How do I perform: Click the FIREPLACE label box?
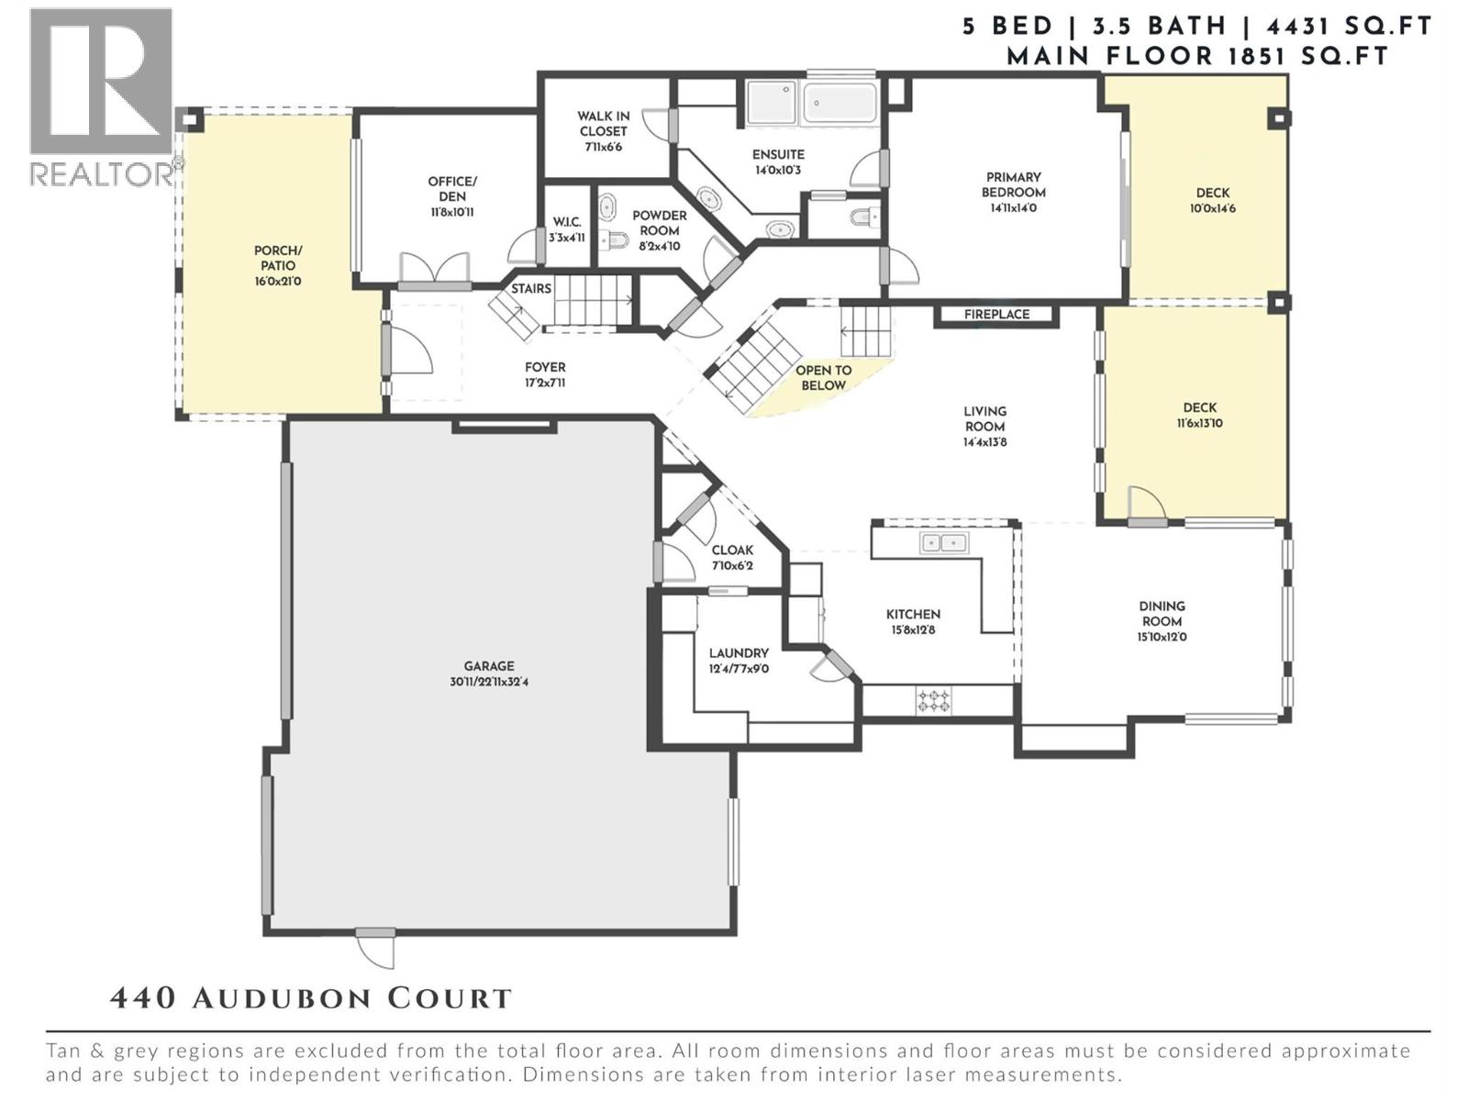click(x=996, y=315)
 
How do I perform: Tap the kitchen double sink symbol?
click(x=943, y=543)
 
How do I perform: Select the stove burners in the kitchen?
click(x=934, y=702)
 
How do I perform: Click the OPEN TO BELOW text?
click(x=823, y=377)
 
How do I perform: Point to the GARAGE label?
click(x=489, y=666)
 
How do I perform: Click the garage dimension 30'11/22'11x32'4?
click(x=489, y=683)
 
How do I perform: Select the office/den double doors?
click(x=434, y=271)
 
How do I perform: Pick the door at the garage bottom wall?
click(x=375, y=948)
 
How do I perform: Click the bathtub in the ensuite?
click(x=840, y=102)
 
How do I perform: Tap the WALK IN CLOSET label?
click(x=603, y=124)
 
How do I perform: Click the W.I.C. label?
click(x=567, y=222)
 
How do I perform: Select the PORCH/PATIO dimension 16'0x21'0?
click(x=278, y=282)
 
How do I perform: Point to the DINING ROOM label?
click(x=1162, y=613)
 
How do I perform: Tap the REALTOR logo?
click(x=101, y=96)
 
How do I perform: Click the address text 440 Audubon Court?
click(x=311, y=998)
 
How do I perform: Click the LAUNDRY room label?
click(x=739, y=653)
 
